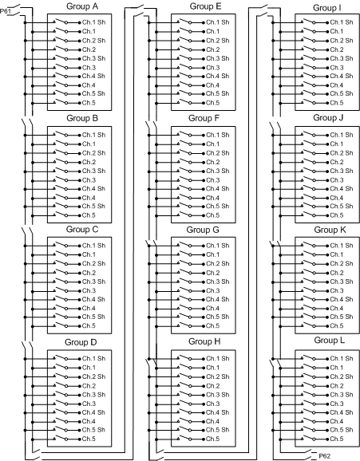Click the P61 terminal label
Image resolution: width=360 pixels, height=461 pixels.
click(x=7, y=11)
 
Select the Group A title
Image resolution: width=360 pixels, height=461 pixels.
click(x=82, y=6)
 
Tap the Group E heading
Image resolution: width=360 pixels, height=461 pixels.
click(x=205, y=6)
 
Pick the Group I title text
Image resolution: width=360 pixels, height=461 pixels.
click(x=328, y=6)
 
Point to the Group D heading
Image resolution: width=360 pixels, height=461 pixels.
click(x=82, y=341)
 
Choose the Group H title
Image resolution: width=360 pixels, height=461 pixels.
click(x=205, y=341)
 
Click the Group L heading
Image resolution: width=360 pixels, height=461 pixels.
click(x=328, y=341)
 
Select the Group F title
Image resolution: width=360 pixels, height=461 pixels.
click(x=205, y=117)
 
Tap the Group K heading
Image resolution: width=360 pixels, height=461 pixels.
click(x=328, y=230)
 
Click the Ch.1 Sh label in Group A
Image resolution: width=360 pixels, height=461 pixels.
click(x=93, y=22)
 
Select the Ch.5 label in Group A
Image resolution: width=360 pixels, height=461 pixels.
click(x=89, y=103)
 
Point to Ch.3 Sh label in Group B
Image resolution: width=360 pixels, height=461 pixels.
click(x=93, y=171)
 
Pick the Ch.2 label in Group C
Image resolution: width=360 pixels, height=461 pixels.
click(x=89, y=273)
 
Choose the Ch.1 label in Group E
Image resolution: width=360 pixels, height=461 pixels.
click(x=212, y=30)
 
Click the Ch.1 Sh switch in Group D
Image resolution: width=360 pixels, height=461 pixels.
click(x=58, y=357)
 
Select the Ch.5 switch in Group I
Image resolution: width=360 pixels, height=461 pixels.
click(x=304, y=102)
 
